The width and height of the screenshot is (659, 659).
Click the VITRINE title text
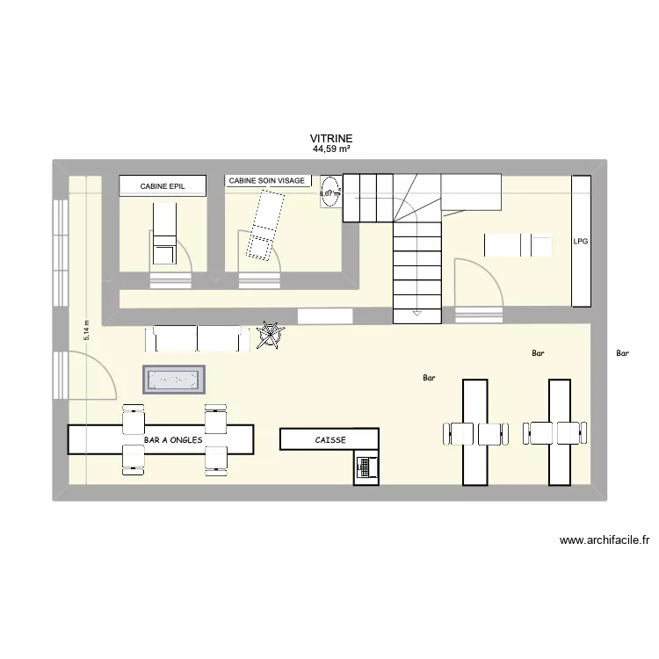click(x=330, y=139)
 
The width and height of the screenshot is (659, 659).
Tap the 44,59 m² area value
click(x=330, y=149)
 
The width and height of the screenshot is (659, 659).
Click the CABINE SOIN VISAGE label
click(x=267, y=181)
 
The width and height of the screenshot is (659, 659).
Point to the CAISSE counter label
click(x=330, y=440)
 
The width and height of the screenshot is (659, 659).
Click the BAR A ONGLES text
click(x=173, y=439)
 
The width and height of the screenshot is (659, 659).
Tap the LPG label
click(x=580, y=240)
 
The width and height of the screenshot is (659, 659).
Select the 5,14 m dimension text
click(x=86, y=329)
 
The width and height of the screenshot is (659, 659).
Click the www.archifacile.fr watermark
click(x=609, y=541)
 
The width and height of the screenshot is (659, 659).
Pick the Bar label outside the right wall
click(x=623, y=354)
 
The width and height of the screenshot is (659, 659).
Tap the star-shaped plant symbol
click(x=272, y=335)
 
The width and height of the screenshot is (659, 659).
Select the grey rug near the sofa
click(x=174, y=380)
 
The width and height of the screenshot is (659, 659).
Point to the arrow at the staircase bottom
click(x=416, y=312)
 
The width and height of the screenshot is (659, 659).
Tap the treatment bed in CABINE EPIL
click(x=164, y=234)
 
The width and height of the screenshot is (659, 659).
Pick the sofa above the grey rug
click(x=197, y=337)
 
